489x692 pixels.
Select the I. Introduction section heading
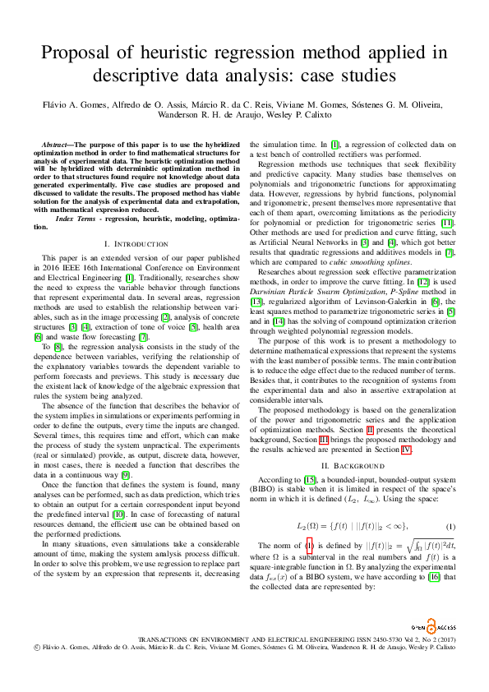pos(136,222)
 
